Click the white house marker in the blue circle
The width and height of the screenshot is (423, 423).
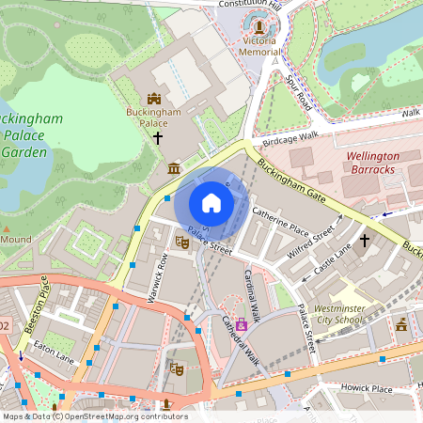pyautogui.click(x=211, y=203)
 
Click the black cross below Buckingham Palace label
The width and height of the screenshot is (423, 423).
pyautogui.click(x=158, y=138)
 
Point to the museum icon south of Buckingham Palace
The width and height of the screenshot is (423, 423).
pyautogui.click(x=173, y=168)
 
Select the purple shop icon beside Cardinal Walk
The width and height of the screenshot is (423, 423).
pyautogui.click(x=242, y=324)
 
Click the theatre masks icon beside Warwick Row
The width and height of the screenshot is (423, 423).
pyautogui.click(x=183, y=242)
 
